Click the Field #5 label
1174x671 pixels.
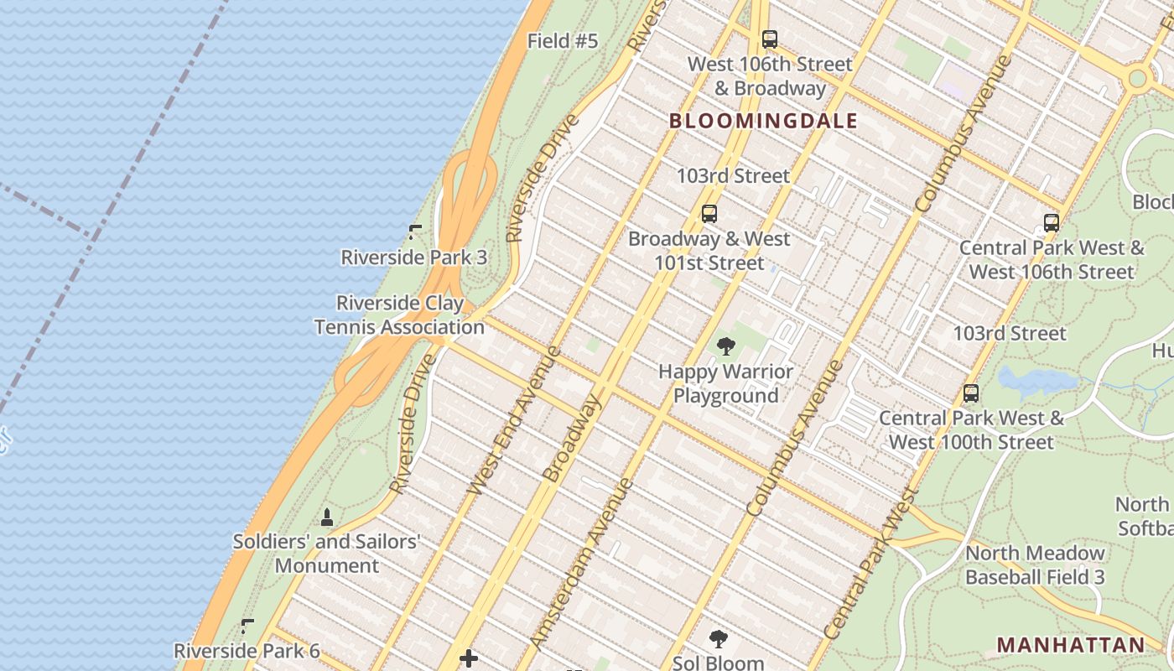563,40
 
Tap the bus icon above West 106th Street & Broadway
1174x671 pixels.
769,39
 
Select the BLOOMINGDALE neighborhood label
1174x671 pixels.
763,121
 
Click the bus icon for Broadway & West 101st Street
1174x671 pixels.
709,214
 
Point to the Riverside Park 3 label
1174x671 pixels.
413,257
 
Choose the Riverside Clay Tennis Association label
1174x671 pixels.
400,315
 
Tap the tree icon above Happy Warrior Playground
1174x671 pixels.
725,346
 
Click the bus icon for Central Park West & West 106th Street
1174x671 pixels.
1052,223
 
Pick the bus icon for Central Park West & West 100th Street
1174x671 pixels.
971,393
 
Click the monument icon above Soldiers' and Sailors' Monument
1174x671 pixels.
327,517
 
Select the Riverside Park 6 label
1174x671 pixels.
247,650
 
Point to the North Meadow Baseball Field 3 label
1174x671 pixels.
1035,564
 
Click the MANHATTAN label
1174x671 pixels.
1070,645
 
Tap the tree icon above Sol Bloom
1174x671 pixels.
719,639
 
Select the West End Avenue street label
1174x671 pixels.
513,420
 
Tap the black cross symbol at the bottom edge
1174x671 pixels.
469,658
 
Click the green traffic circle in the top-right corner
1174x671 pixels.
1137,79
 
